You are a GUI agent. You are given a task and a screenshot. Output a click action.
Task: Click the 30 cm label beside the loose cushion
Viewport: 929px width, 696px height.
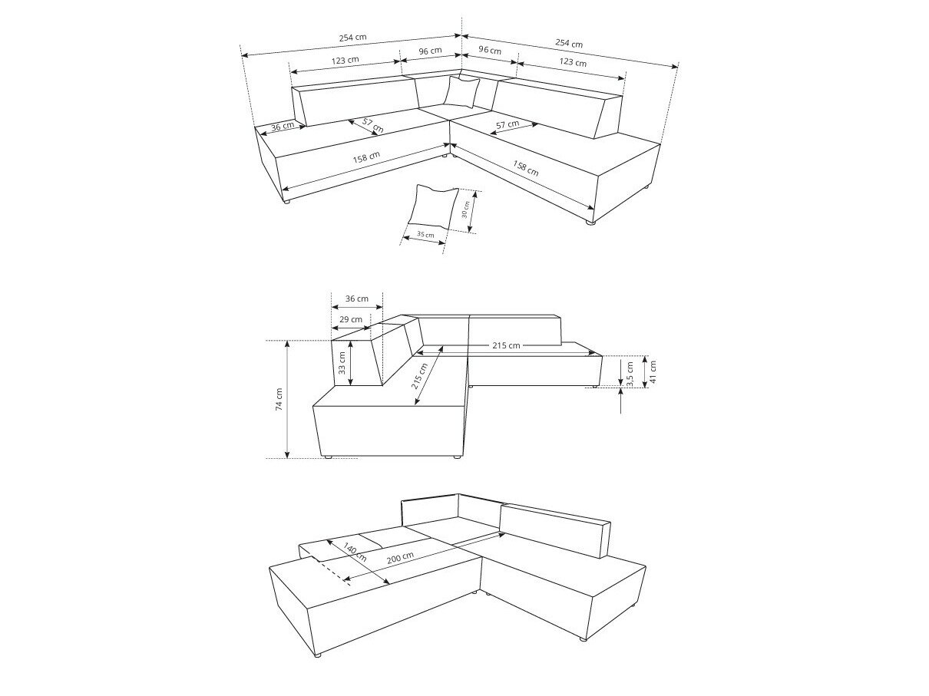click(465, 210)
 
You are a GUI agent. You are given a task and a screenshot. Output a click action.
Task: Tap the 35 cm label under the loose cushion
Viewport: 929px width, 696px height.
click(425, 233)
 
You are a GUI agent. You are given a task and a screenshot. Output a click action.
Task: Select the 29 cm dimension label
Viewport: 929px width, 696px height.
click(351, 319)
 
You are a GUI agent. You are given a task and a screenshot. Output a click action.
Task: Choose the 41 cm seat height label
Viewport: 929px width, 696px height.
click(653, 371)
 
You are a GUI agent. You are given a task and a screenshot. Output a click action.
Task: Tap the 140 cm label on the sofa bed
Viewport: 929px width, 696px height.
click(354, 552)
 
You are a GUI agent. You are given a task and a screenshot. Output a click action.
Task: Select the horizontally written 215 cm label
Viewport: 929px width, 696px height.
click(503, 345)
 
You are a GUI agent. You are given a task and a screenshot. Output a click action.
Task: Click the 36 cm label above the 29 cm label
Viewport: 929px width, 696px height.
click(356, 299)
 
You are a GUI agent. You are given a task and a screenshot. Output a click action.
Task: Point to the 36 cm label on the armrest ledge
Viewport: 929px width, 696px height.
click(283, 126)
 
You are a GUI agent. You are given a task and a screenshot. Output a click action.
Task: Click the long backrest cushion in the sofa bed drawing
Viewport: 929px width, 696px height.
click(554, 529)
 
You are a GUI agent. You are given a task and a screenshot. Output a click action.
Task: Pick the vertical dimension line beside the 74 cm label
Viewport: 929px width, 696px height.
click(287, 399)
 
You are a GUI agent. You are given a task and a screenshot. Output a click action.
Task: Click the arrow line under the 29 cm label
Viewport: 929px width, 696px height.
click(351, 329)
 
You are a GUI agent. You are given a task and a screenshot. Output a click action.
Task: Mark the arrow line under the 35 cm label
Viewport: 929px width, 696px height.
click(423, 241)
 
